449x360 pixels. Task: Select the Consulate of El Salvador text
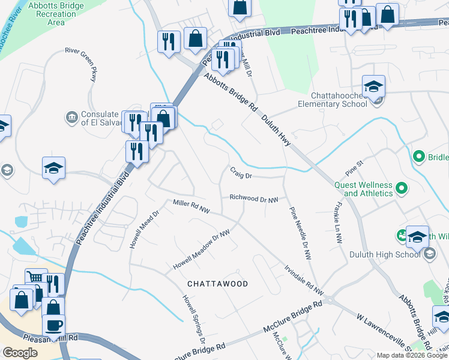tap(100, 118)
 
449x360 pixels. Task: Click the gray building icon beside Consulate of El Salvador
tap(71, 115)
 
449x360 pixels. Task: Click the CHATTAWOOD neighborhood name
tap(217, 283)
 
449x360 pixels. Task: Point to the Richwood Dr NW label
tap(254, 198)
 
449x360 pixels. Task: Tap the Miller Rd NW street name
tap(191, 206)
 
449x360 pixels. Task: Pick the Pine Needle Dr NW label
tap(300, 233)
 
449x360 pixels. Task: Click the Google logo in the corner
tap(20, 353)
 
